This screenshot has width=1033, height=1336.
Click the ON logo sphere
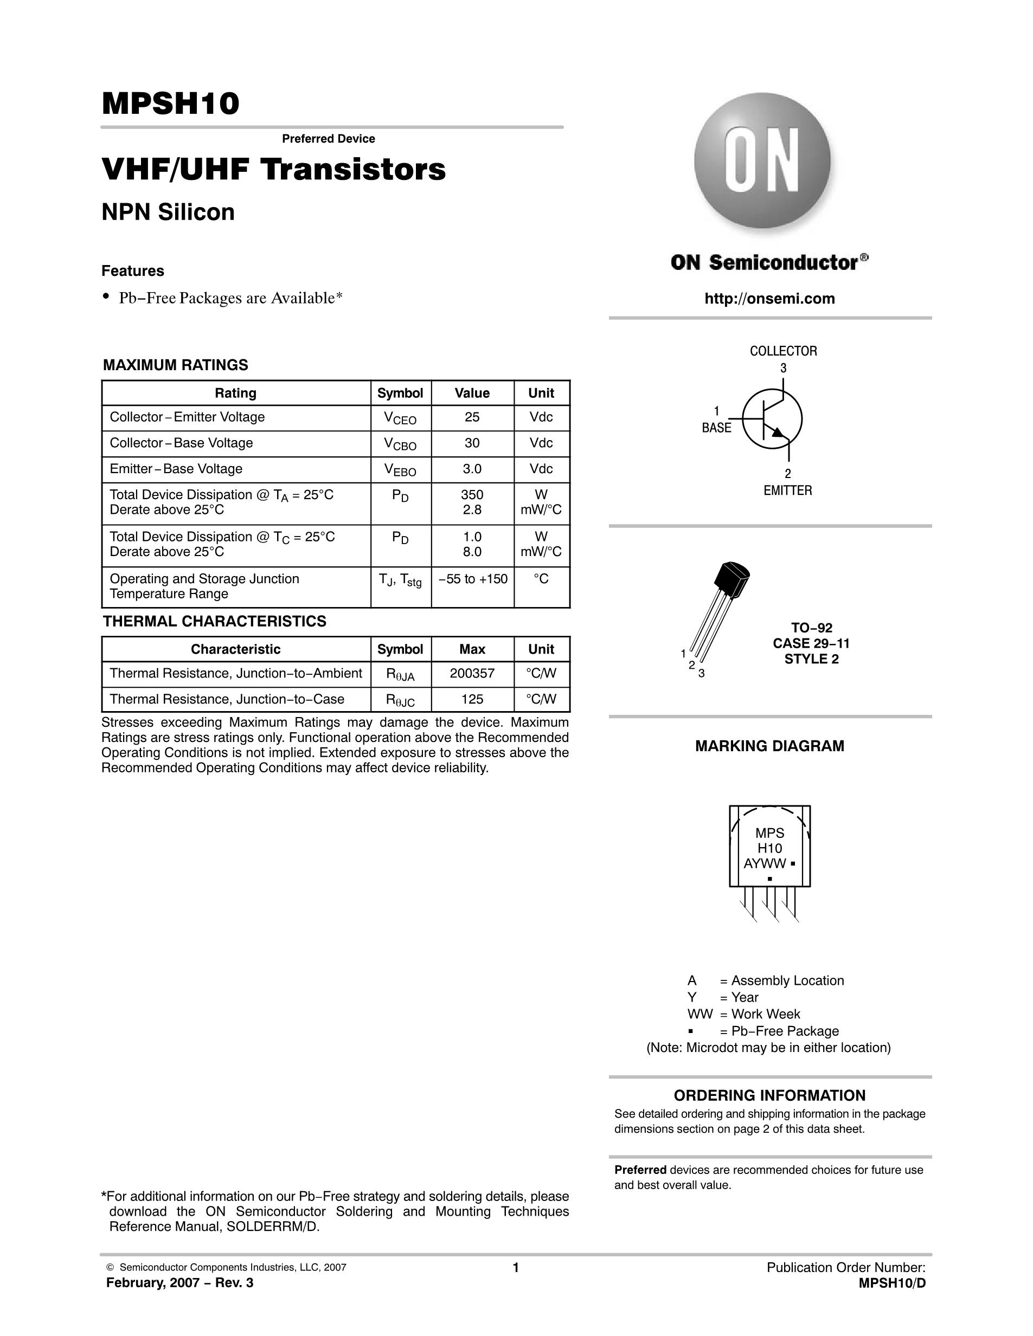pyautogui.click(x=762, y=161)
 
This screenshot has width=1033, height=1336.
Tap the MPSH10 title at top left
pyautogui.click(x=170, y=104)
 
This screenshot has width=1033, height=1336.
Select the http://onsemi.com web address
pyautogui.click(x=769, y=299)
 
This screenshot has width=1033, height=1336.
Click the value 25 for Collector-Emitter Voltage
pyautogui.click(x=472, y=417)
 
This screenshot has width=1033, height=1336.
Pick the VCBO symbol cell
pyautogui.click(x=400, y=444)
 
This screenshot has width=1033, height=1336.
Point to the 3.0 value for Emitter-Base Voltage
pyautogui.click(x=472, y=469)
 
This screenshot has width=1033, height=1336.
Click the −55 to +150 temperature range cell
pyautogui.click(x=472, y=579)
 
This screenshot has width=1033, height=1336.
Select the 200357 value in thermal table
pyautogui.click(x=472, y=674)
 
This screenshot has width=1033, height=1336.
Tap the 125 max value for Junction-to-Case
pyautogui.click(x=472, y=699)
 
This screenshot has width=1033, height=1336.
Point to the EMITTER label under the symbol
pyautogui.click(x=787, y=490)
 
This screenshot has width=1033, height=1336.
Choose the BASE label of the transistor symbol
pyautogui.click(x=716, y=428)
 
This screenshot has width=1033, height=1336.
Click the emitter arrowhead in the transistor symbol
pyautogui.click(x=777, y=433)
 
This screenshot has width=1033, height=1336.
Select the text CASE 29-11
pyautogui.click(x=811, y=643)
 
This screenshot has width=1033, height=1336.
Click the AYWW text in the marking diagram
pyautogui.click(x=765, y=864)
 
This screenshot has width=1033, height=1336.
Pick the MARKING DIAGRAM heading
pyautogui.click(x=769, y=746)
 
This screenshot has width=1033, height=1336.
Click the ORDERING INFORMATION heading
pyautogui.click(x=769, y=1095)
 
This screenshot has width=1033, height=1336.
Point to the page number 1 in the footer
pyautogui.click(x=515, y=1268)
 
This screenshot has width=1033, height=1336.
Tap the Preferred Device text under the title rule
pyautogui.click(x=328, y=139)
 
